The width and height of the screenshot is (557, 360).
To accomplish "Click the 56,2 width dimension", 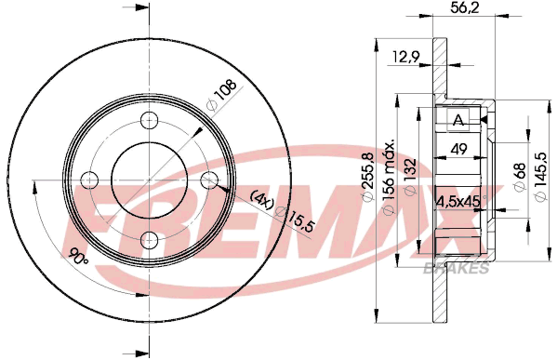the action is [465, 7].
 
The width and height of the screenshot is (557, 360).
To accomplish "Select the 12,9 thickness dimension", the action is [406, 57].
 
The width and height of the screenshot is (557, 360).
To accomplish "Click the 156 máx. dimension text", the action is [390, 177].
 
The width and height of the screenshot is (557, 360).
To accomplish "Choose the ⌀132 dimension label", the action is [410, 177].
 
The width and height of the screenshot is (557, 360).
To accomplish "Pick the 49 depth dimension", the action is [458, 149].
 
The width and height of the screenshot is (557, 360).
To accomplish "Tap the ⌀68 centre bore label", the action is [520, 177].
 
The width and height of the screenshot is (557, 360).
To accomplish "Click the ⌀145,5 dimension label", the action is [540, 177].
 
